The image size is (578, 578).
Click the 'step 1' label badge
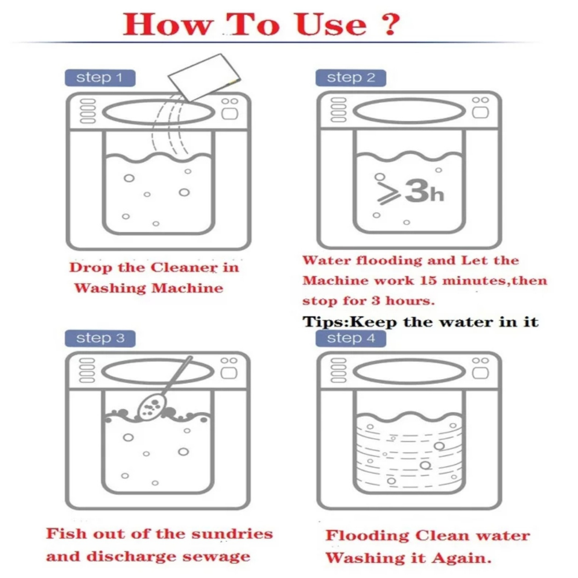tap(100, 78)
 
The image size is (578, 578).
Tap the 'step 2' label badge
tap(351, 78)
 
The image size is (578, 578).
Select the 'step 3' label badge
tap(100, 338)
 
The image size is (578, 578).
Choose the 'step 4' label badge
tap(351, 338)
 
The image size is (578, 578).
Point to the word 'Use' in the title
tap(331, 24)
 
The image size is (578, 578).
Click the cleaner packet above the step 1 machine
tap(204, 77)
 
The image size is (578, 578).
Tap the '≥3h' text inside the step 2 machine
tap(410, 191)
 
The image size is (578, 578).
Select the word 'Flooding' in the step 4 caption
tap(367, 536)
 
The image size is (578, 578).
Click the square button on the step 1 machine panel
tap(229, 113)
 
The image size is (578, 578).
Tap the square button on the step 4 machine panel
tap(480, 373)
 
